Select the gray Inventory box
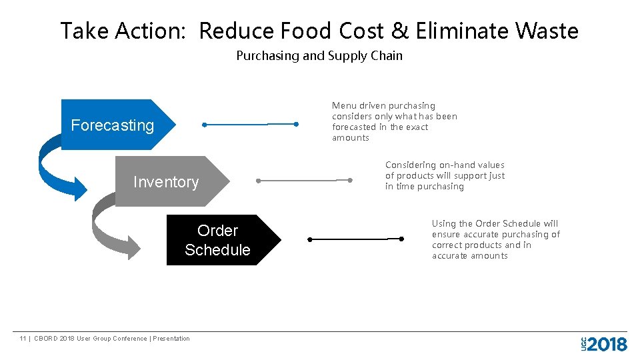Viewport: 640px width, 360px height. [x=167, y=181]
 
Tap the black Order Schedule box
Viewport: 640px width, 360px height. [x=219, y=240]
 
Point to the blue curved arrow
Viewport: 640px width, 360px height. [x=57, y=167]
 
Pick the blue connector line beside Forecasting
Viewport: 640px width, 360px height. [x=250, y=124]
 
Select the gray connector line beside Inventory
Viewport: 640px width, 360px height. [x=303, y=180]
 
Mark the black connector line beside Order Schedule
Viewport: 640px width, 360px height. [x=355, y=239]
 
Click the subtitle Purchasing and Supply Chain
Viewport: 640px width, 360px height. [x=319, y=56]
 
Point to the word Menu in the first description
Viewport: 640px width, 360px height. [x=344, y=105]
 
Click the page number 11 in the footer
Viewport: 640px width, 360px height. [x=23, y=339]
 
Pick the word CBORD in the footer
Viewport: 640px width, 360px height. [x=45, y=339]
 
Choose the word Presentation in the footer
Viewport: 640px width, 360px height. [x=171, y=339]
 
